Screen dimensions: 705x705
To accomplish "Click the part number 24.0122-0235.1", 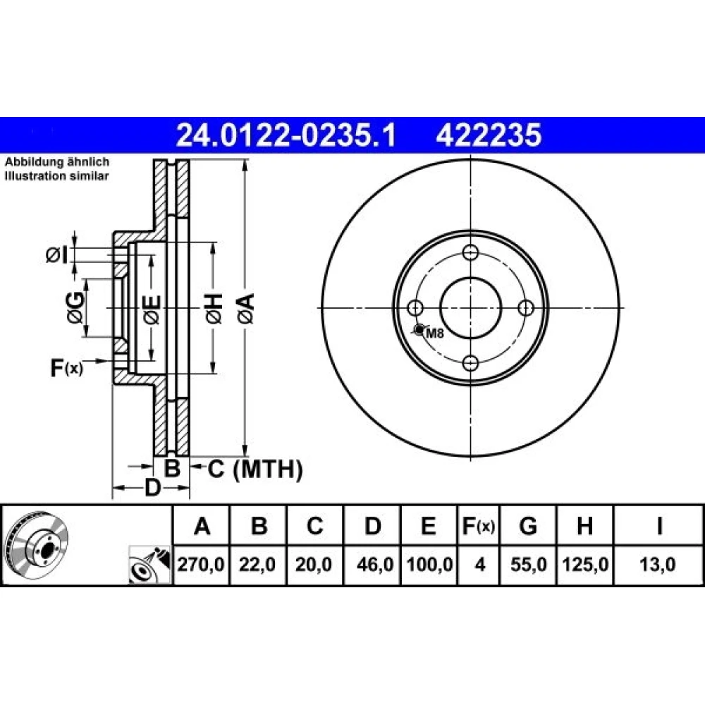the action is click(286, 135).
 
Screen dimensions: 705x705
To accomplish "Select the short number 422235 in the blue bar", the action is click(489, 135).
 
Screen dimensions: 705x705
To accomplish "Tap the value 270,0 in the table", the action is click(200, 564).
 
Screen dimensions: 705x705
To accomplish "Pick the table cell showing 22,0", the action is click(257, 564).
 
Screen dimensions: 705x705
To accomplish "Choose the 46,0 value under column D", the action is click(375, 564).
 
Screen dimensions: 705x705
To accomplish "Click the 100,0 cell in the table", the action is click(429, 564).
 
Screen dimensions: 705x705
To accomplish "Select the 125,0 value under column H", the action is click(585, 564).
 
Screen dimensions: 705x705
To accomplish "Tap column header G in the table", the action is click(528, 526).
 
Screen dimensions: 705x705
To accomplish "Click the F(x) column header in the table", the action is click(479, 526).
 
